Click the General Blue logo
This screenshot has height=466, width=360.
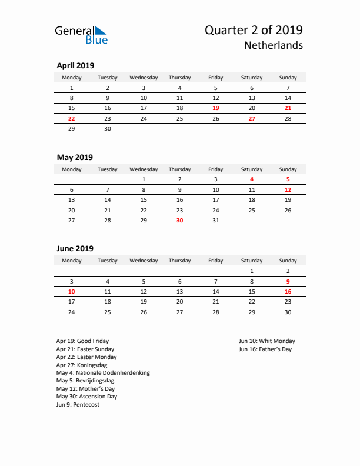(81, 35)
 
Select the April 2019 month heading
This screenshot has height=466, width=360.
(75, 65)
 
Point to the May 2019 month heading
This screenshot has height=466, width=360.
(75, 157)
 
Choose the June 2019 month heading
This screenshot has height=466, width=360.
(75, 248)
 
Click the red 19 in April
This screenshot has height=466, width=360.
(215, 108)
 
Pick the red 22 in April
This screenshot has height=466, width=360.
(72, 118)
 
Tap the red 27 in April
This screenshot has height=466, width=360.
(252, 118)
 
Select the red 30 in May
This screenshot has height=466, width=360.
(179, 220)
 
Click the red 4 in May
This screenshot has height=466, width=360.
(252, 179)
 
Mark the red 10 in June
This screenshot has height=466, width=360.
(72, 291)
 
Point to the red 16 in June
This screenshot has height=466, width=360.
(288, 291)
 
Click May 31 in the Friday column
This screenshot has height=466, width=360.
(215, 220)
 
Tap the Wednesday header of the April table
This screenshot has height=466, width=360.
(144, 78)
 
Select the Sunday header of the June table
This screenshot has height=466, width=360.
(288, 260)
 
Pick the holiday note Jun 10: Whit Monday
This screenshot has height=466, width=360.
(267, 341)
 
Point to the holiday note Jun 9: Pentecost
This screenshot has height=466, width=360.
(78, 405)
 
